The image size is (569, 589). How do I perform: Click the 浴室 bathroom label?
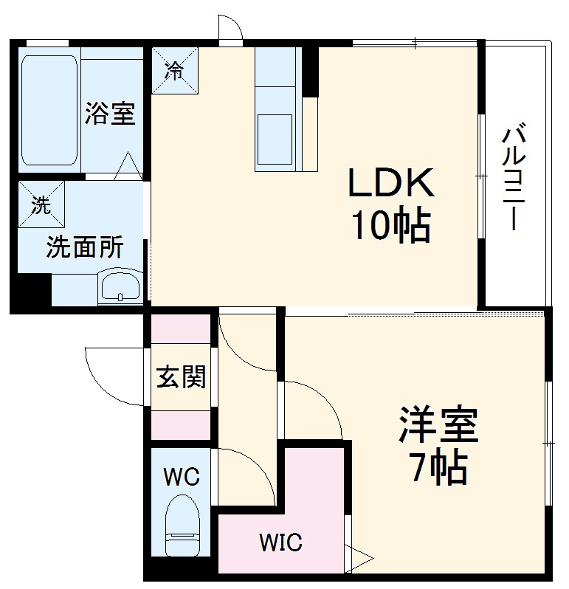point(110,114)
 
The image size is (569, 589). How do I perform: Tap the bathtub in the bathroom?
point(49,110)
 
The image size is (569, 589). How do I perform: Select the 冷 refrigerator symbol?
point(175,71)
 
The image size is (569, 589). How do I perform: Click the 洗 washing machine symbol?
point(41,204)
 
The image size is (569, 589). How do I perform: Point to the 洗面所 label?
point(84,248)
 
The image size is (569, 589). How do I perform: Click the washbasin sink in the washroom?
point(120,286)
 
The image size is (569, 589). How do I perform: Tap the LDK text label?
point(391,184)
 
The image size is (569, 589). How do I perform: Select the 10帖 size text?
point(391,226)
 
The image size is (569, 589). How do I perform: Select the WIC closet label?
point(280,544)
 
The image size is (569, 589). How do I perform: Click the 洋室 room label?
point(438,424)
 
